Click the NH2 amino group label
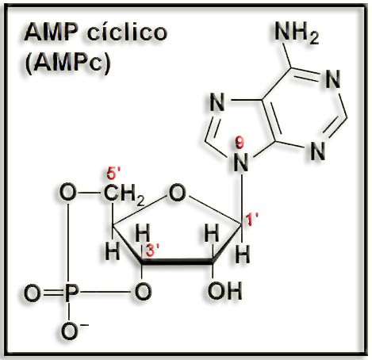[x=297, y=33]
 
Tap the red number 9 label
[x=240, y=144]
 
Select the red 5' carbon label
[x=113, y=174]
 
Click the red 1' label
[x=251, y=220]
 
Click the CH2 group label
[x=125, y=195]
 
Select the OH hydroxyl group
[x=224, y=291]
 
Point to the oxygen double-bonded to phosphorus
[x=33, y=293]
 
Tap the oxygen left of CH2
[x=68, y=192]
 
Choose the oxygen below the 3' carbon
[x=143, y=291]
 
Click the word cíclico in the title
[x=127, y=33]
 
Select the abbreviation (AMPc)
[x=67, y=63]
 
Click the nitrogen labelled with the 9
[x=241, y=163]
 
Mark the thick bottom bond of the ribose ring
[x=177, y=262]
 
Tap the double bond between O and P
[x=53, y=293]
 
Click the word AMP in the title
[x=52, y=32]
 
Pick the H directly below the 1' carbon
[x=243, y=255]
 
